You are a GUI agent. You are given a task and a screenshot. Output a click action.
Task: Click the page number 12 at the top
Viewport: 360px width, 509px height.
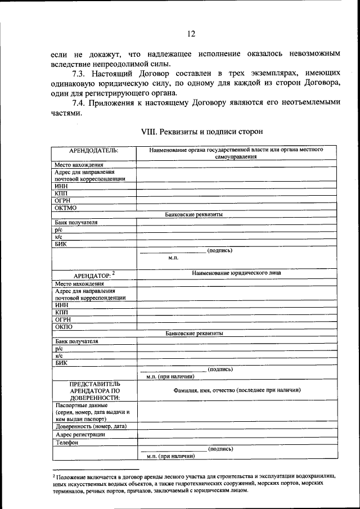click(191, 34)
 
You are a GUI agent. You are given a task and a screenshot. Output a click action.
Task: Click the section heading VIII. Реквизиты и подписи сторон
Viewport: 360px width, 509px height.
click(201, 131)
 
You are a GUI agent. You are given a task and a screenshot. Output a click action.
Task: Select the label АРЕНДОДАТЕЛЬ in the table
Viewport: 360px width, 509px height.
click(93, 151)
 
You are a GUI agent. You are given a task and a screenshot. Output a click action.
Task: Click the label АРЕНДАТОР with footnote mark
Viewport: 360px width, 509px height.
click(94, 275)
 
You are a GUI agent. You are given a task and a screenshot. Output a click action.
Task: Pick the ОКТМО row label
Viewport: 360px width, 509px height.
click(66, 208)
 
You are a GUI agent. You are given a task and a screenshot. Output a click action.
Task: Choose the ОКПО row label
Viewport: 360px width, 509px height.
click(64, 326)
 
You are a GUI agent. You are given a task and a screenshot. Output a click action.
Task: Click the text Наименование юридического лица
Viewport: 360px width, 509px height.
click(236, 273)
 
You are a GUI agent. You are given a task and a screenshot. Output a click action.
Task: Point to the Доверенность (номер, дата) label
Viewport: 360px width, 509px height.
click(91, 426)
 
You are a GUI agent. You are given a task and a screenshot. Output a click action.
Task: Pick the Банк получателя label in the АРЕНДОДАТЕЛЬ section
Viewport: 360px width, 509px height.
click(76, 222)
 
